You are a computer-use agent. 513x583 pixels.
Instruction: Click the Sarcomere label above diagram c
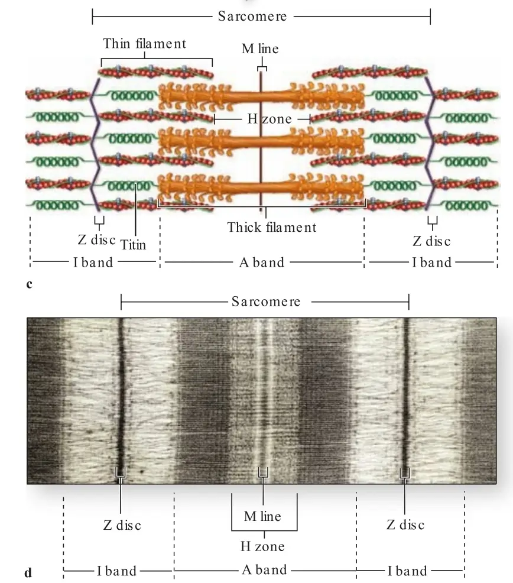pyautogui.click(x=252, y=17)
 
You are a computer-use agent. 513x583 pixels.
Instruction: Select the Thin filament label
pyautogui.click(x=144, y=44)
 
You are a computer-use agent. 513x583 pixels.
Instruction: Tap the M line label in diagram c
pyautogui.click(x=260, y=48)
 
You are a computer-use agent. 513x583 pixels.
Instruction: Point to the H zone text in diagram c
pyautogui.click(x=270, y=119)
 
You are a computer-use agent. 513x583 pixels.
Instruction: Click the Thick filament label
pyautogui.click(x=272, y=227)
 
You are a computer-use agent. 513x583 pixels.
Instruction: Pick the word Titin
pyautogui.click(x=133, y=245)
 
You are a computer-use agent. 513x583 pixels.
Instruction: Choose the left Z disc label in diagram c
pyautogui.click(x=97, y=240)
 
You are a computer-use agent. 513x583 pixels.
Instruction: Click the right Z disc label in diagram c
pyautogui.click(x=431, y=241)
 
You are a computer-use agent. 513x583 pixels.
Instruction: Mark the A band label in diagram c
pyautogui.click(x=262, y=263)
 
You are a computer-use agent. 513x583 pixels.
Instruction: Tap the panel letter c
pyautogui.click(x=30, y=284)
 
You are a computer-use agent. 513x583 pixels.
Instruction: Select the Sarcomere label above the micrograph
pyautogui.click(x=266, y=302)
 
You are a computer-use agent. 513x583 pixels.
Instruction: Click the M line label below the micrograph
pyautogui.click(x=262, y=516)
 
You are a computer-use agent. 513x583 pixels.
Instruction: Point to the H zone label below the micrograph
pyautogui.click(x=263, y=546)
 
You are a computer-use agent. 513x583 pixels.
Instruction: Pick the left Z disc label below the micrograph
pyautogui.click(x=122, y=525)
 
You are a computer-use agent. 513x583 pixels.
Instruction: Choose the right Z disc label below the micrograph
pyautogui.click(x=405, y=524)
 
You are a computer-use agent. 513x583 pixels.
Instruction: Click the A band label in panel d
pyautogui.click(x=264, y=569)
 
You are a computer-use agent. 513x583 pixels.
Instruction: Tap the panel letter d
pyautogui.click(x=28, y=572)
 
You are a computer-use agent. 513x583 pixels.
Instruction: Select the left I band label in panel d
pyautogui.click(x=117, y=571)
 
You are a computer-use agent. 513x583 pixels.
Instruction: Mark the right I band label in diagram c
pyautogui.click(x=431, y=263)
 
